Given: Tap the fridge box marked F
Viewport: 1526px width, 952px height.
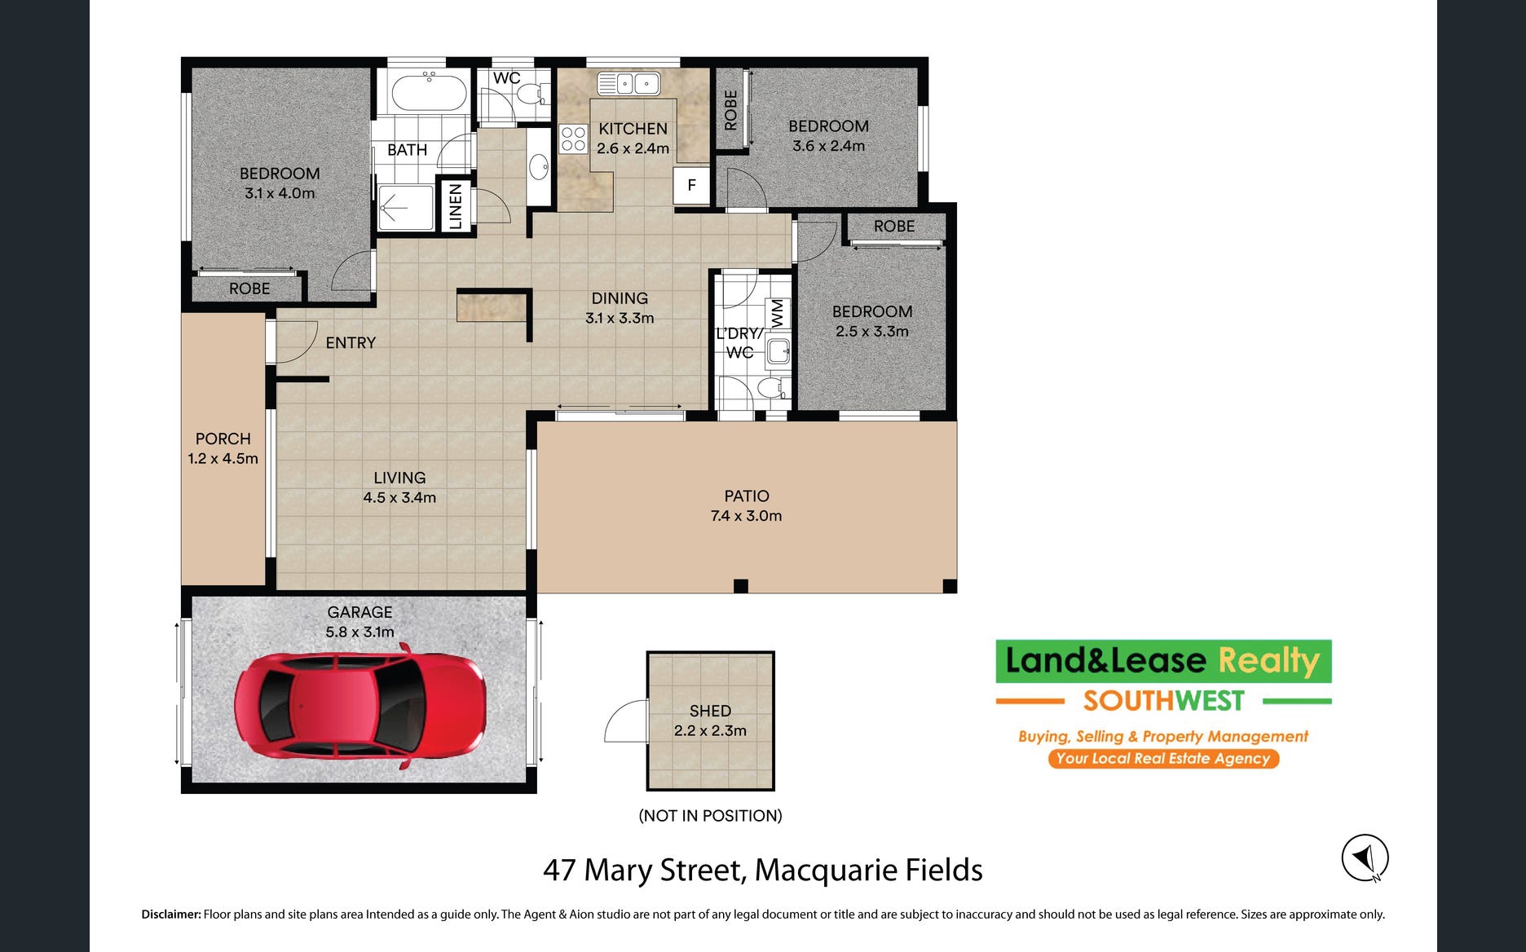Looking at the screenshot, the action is [x=692, y=185].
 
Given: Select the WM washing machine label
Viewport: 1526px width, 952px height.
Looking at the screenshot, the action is [x=777, y=311].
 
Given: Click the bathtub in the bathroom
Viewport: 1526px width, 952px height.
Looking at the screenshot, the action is [x=429, y=91].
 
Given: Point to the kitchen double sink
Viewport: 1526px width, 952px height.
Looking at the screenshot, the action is [x=628, y=83].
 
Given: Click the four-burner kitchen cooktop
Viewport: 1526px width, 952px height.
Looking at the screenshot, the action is [x=573, y=139].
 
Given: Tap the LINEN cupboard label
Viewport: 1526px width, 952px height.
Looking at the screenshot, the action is [x=456, y=205].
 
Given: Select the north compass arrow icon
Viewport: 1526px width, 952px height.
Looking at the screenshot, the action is [x=1365, y=857].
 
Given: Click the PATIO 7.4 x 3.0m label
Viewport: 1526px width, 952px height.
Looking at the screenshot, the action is [x=746, y=505].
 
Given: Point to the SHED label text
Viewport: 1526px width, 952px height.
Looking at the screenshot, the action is [x=710, y=711].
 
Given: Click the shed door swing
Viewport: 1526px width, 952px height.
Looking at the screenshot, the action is [x=625, y=721].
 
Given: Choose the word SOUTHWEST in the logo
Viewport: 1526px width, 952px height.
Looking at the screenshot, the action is [x=1163, y=701].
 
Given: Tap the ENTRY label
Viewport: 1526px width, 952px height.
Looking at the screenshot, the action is [x=351, y=343].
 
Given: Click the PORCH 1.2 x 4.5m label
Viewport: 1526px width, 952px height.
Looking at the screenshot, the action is [x=223, y=448].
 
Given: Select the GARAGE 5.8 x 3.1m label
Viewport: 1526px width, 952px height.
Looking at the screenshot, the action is [x=359, y=622].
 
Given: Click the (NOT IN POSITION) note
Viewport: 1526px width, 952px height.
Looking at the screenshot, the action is [x=710, y=816].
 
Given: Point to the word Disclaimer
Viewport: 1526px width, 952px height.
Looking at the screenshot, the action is [x=171, y=915].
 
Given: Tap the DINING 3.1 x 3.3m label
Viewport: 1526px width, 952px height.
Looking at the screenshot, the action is [x=620, y=308].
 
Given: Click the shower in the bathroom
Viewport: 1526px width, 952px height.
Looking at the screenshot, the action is [x=406, y=208].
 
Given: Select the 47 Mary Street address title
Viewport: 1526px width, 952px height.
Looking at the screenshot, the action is [x=762, y=870].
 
